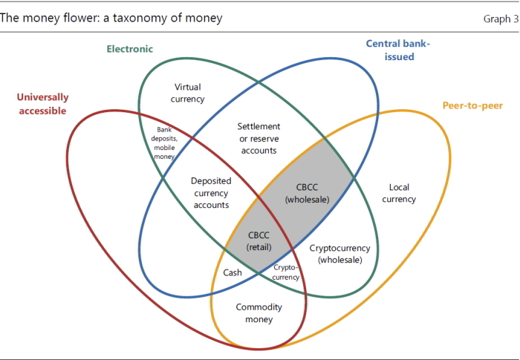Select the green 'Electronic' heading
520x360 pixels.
129,49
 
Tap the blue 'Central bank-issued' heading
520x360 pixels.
399,50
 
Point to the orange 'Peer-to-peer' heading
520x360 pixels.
472,105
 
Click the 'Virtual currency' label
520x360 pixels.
188,93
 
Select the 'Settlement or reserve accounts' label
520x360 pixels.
258,138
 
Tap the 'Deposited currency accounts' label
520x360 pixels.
211,192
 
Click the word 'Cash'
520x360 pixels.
233,272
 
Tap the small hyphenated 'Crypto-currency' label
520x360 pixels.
286,272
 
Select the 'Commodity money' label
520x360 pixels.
254,313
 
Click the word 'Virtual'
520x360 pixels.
188,86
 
